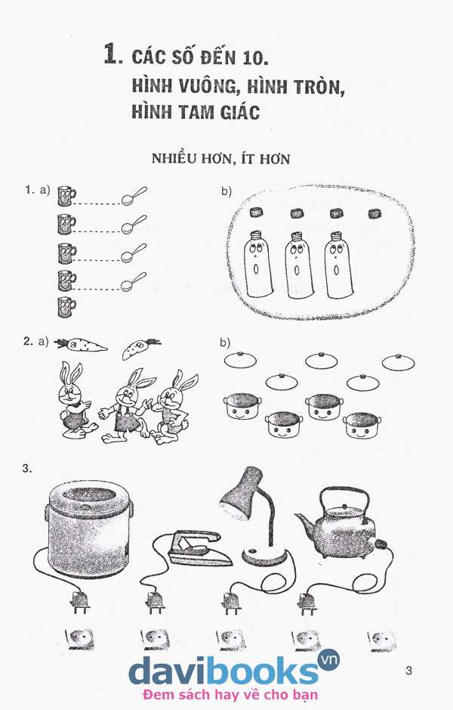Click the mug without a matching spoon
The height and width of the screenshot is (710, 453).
pos(66,307)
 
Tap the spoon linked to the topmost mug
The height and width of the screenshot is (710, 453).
pos(134,196)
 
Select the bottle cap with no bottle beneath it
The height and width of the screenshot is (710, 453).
pos(374,212)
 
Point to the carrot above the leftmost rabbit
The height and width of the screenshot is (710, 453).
pos(81,345)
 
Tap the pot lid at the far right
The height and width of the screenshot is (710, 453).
pos(399,361)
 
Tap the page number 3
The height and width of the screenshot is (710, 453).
pos(408,671)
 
